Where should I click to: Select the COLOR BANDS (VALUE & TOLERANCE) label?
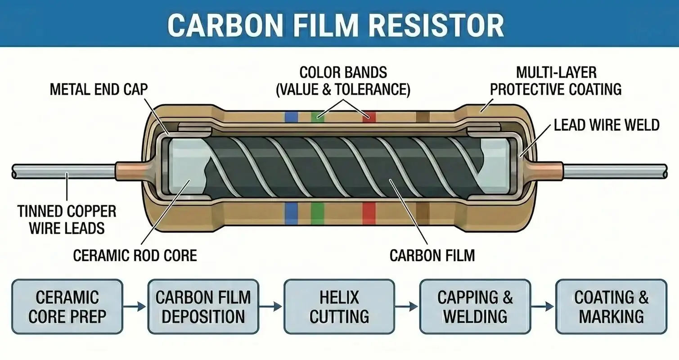coord(343,81)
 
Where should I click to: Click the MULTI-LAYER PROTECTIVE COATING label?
coord(556,81)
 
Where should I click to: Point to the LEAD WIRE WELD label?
coord(606,125)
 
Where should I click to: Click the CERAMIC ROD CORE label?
coord(135,256)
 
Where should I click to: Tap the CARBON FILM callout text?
coord(432,256)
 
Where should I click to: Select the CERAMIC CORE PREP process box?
coord(67,307)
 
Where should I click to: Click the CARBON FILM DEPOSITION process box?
coord(203,307)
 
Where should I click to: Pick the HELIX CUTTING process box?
coord(339,307)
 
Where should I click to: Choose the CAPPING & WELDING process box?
coord(475,307)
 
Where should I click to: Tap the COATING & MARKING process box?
coord(611,307)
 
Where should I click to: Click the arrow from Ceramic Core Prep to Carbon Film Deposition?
coord(135,307)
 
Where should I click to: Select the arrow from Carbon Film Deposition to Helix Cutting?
coord(271,307)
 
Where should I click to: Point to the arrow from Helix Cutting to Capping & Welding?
coord(407,307)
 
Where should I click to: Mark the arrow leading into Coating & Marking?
coord(543,307)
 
